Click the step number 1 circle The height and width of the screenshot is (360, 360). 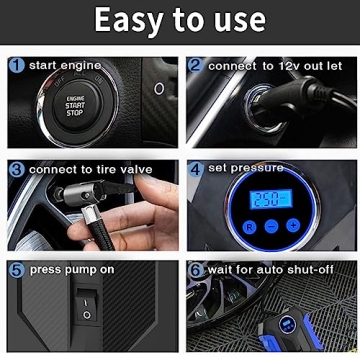(16, 66)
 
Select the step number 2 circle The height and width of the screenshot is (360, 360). (195, 66)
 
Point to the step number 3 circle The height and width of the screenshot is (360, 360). (16, 169)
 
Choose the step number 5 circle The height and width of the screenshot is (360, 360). (16, 270)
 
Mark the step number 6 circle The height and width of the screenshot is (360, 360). (195, 270)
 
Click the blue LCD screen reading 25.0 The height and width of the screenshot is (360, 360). (266, 200)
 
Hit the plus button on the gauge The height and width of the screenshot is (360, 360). (291, 226)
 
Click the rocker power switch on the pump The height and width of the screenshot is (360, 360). (87, 306)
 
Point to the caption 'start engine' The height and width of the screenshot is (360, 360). (65, 66)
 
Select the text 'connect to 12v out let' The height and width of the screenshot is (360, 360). (274, 66)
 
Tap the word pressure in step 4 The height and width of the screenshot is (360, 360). (258, 168)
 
